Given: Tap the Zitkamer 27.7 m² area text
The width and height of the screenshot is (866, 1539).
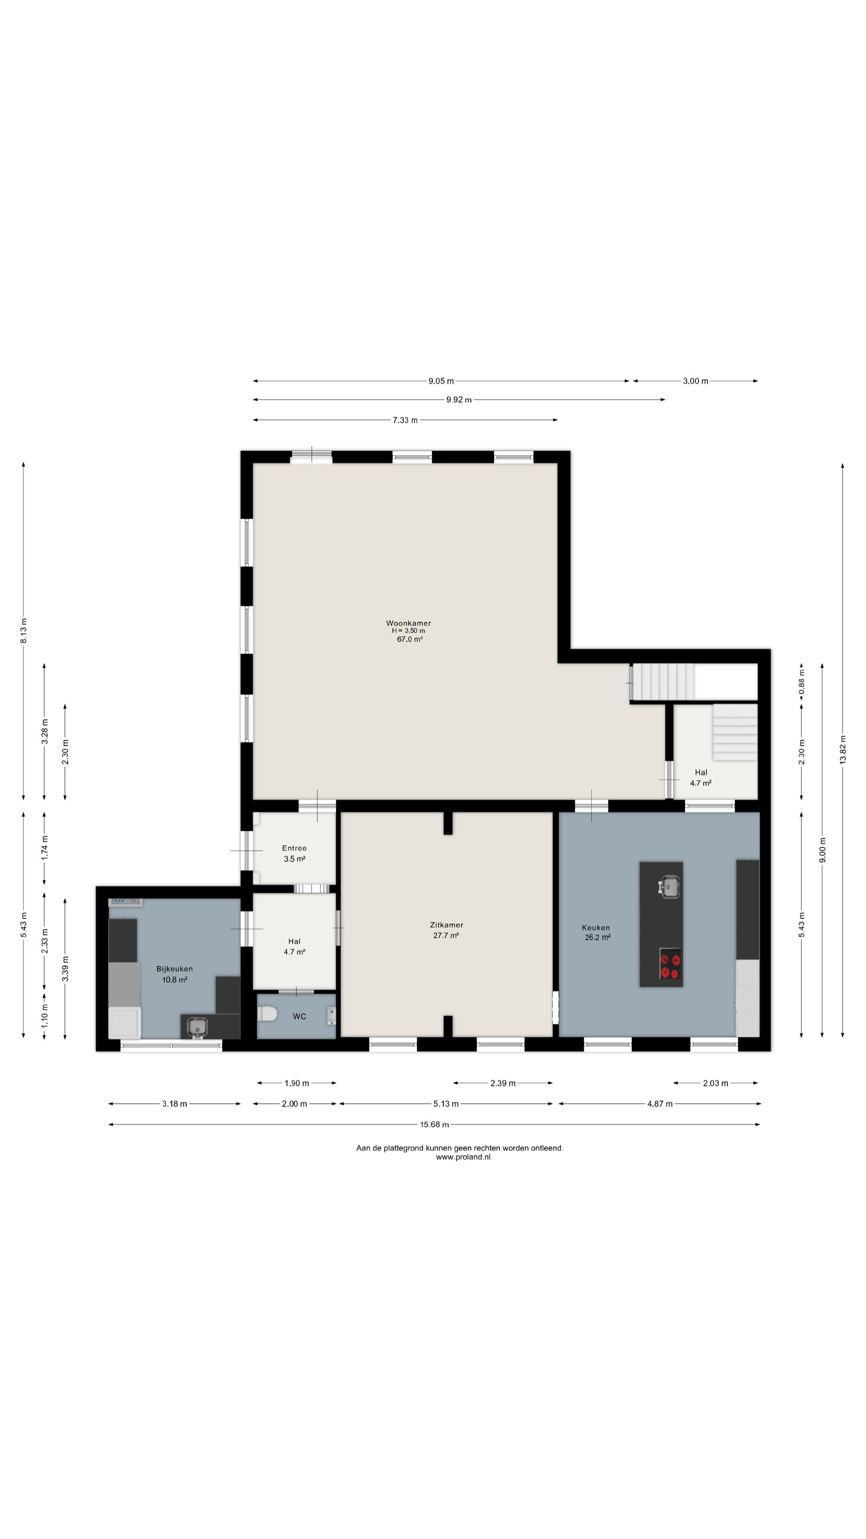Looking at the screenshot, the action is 446,935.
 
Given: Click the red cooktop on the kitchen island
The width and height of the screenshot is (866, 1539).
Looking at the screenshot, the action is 671,966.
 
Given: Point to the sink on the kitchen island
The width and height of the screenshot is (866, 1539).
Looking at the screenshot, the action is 670,887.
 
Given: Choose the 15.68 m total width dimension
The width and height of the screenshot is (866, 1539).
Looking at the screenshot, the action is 434,1124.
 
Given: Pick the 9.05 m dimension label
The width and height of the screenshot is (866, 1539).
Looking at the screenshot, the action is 441,381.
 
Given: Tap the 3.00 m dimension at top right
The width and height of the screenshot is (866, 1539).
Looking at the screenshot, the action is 696,381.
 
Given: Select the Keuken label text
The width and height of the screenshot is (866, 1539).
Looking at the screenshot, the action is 596,928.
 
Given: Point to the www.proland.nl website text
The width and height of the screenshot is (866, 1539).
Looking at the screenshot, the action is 463,1157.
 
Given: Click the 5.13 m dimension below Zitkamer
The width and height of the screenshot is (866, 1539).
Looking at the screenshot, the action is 446,1103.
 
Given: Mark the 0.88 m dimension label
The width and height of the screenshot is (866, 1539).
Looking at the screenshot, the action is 801,682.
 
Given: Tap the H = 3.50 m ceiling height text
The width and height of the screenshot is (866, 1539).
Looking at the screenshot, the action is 409,631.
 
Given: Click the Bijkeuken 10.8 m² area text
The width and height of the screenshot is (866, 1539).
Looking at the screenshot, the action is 174,980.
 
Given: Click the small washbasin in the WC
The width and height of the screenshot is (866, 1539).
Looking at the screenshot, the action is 331,1015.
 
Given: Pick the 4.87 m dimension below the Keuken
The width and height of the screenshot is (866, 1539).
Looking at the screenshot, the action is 660,1103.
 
